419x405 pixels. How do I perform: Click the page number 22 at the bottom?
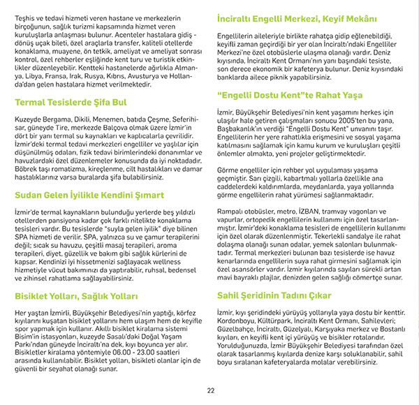click(209, 390)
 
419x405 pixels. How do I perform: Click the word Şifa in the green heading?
click(109, 103)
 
